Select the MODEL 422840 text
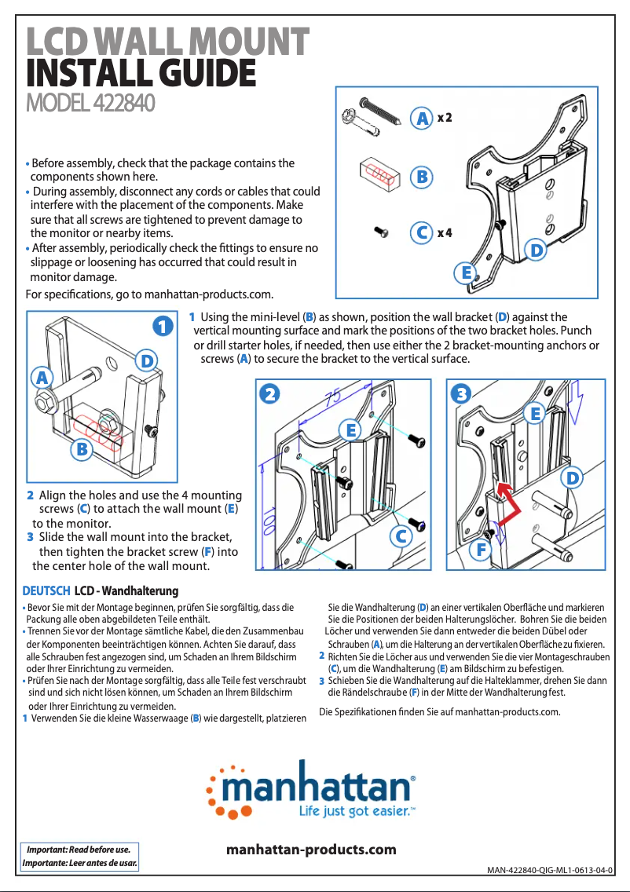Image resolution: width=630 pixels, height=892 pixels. (x=90, y=103)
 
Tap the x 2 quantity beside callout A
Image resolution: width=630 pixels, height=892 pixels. (x=445, y=118)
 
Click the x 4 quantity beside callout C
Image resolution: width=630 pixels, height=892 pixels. (x=445, y=232)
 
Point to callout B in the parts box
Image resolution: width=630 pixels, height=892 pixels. (x=422, y=177)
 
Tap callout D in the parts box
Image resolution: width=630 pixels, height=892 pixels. (x=536, y=250)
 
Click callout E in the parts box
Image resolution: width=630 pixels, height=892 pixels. (x=467, y=272)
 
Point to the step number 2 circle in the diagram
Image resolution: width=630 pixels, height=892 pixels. (x=270, y=393)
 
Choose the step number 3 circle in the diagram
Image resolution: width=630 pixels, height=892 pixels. (x=461, y=393)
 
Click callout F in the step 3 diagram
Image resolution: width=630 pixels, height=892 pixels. (x=481, y=550)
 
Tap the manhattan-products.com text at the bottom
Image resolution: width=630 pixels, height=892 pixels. (x=311, y=850)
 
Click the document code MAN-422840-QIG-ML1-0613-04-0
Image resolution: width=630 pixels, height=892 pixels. (x=548, y=870)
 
